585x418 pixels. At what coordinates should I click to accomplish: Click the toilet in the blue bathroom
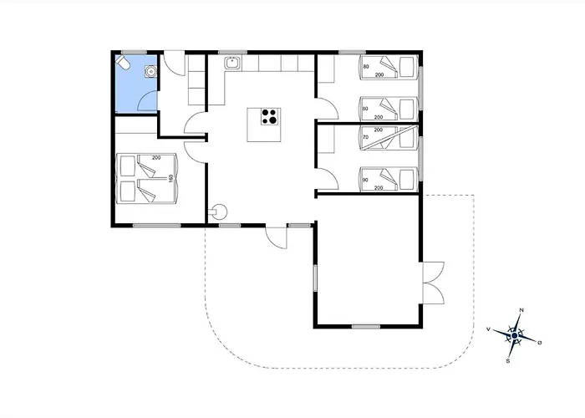(122, 63)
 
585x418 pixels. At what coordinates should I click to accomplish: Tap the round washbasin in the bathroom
(150, 71)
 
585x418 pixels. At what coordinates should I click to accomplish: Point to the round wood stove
(219, 212)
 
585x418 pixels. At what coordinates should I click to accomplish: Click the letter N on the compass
(521, 310)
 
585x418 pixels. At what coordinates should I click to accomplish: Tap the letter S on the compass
(508, 361)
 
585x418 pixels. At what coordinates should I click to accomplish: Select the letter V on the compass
(488, 329)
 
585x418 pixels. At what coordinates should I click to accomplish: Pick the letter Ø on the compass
(540, 343)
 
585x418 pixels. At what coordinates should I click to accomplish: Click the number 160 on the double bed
(170, 178)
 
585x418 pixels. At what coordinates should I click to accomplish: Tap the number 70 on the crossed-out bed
(366, 137)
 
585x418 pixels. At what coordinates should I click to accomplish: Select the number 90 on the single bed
(366, 180)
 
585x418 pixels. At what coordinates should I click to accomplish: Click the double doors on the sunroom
(433, 283)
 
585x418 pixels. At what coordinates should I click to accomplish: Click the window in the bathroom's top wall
(134, 52)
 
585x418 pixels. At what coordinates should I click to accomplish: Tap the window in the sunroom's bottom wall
(366, 327)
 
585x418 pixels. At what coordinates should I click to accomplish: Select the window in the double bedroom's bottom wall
(157, 226)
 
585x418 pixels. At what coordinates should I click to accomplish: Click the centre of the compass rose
(515, 336)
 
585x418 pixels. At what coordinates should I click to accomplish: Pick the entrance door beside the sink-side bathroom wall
(175, 64)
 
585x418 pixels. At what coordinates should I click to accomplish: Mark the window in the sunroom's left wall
(315, 278)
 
